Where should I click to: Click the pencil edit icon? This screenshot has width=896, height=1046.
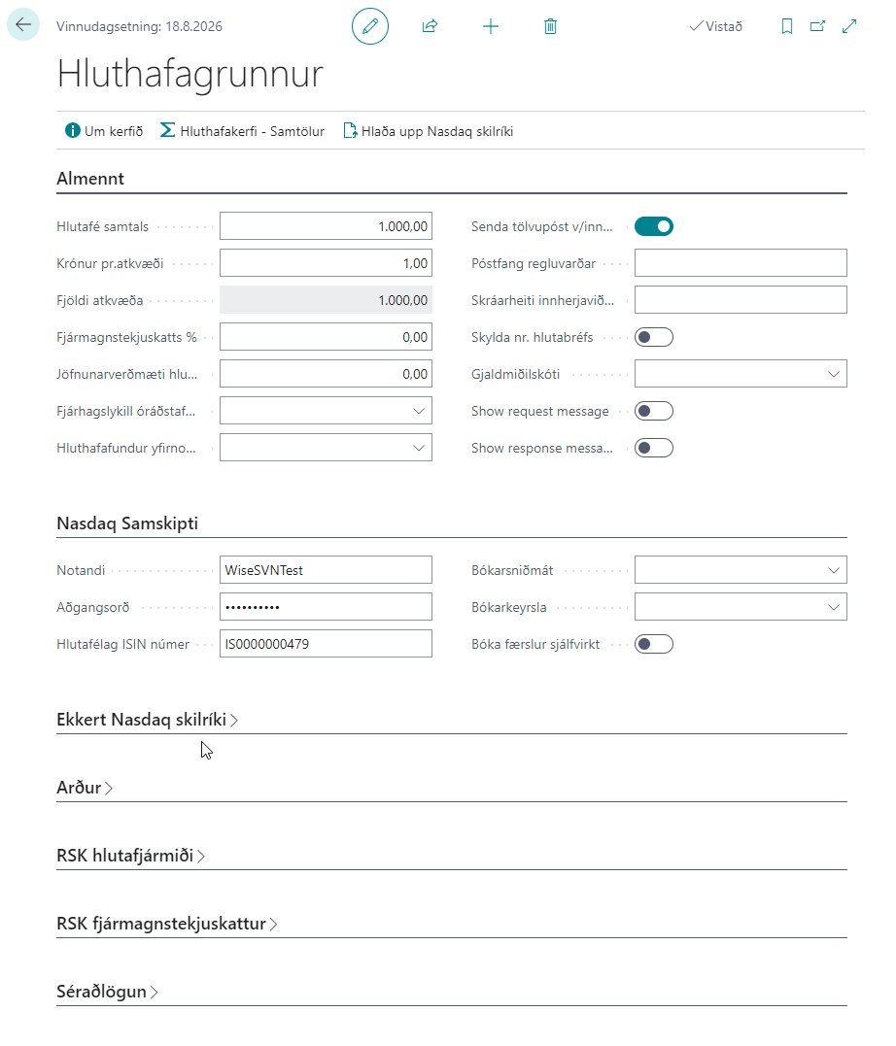pyautogui.click(x=369, y=26)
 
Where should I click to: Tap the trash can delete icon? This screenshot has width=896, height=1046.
pyautogui.click(x=550, y=26)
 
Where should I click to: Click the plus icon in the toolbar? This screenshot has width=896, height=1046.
pyautogui.click(x=491, y=26)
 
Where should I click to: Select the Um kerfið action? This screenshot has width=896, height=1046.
pyautogui.click(x=104, y=131)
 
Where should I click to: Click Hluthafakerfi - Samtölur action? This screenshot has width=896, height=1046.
pyautogui.click(x=242, y=131)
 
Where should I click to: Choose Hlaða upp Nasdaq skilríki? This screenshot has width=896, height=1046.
pyautogui.click(x=428, y=131)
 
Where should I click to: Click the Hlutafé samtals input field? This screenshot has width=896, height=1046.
pyautogui.click(x=326, y=226)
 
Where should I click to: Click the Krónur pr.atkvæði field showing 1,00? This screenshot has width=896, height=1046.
pyautogui.click(x=326, y=263)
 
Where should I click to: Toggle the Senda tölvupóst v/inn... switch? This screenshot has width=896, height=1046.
pyautogui.click(x=653, y=226)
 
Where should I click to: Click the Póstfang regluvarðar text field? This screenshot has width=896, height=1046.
pyautogui.click(x=740, y=263)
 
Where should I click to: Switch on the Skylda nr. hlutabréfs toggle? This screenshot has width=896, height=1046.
pyautogui.click(x=653, y=337)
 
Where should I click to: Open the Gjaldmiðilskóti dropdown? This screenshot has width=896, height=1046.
pyautogui.click(x=740, y=374)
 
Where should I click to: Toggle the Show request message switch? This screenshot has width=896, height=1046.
pyautogui.click(x=653, y=411)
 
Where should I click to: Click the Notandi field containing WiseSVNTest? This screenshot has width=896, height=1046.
pyautogui.click(x=326, y=570)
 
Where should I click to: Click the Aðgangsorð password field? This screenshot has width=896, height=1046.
pyautogui.click(x=326, y=607)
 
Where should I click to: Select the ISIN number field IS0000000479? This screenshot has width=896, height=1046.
pyautogui.click(x=326, y=643)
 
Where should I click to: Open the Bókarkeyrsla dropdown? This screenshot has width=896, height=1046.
pyautogui.click(x=740, y=607)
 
